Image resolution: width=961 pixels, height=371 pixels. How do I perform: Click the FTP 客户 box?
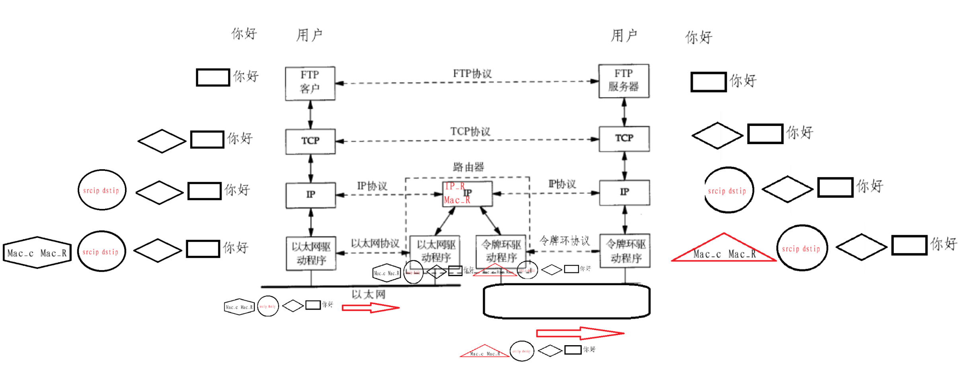coord(310,83)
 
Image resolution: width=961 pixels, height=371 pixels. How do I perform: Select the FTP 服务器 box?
coord(624,81)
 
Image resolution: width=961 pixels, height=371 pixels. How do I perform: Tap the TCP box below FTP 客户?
coord(310,141)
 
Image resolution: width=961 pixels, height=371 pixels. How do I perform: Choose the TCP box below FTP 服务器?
coord(624,139)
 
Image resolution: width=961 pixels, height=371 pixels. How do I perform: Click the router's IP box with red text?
coord(468,194)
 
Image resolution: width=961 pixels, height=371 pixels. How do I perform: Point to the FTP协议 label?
coord(472,73)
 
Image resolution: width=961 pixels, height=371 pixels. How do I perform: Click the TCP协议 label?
coord(470,131)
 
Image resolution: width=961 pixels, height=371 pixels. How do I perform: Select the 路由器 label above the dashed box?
coord(468,167)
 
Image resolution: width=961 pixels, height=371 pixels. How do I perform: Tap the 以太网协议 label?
coord(375,243)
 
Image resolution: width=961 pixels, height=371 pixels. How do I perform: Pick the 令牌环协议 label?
coord(565,241)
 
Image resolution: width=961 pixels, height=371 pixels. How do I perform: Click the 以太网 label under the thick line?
coord(368,294)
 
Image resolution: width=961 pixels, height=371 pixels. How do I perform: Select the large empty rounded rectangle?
coord(567,301)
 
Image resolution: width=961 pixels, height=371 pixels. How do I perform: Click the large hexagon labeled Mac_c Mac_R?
coord(37,253)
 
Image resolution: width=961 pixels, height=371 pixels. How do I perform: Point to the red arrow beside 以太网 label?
coord(370,308)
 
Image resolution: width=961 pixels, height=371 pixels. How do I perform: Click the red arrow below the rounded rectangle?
coord(580,333)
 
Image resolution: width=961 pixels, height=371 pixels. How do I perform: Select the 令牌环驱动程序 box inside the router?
coord(501,251)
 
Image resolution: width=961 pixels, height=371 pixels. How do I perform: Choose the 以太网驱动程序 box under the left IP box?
coord(311,253)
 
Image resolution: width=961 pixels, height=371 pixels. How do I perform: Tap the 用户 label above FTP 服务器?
coord(624,36)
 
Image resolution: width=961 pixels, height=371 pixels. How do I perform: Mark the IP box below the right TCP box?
coord(624,192)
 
